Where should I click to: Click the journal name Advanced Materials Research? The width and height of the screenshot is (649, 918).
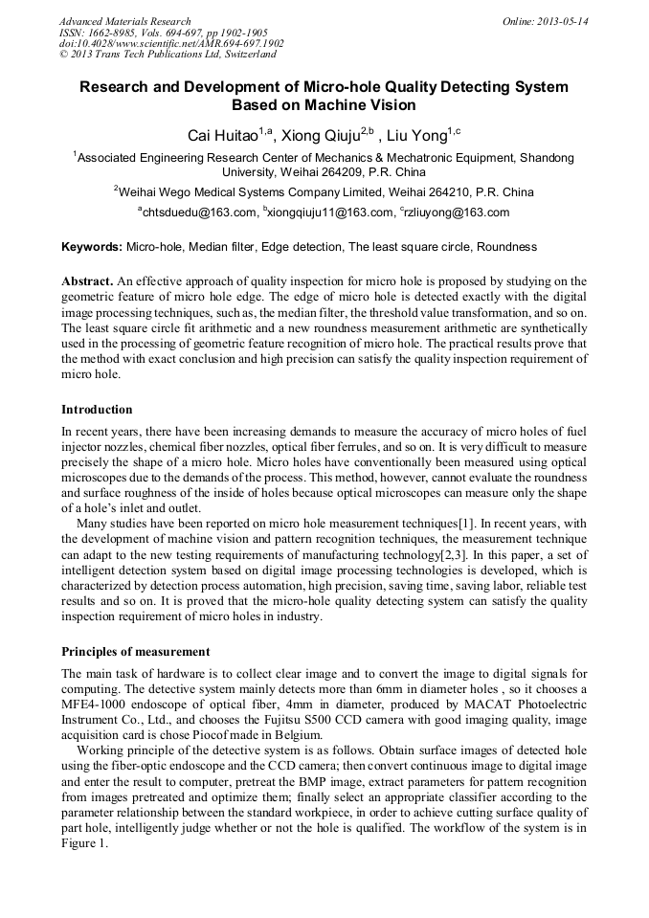124,21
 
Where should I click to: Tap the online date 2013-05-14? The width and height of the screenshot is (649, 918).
563,21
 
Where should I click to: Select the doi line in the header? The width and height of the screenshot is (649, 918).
171,44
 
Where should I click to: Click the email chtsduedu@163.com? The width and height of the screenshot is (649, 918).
199,213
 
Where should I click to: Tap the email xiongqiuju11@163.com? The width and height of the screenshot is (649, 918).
331,213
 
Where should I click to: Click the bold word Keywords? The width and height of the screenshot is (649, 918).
92,247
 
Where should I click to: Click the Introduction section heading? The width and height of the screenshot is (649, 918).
97,410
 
